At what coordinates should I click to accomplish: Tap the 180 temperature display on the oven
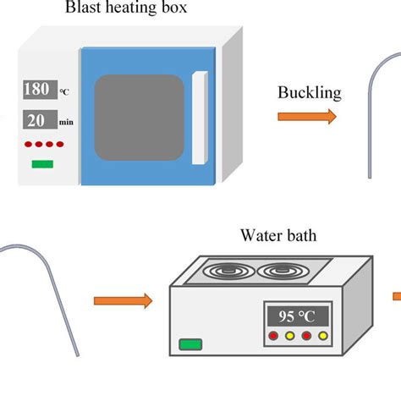39,90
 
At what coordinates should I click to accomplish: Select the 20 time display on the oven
39,118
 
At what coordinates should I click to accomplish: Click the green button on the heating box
41,162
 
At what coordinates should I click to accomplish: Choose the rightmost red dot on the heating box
64,142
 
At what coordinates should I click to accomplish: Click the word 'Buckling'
310,93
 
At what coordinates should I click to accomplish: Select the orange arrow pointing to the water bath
123,299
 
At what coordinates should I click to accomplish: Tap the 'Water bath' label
278,236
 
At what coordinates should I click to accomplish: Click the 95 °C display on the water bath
295,316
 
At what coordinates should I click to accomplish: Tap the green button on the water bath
191,343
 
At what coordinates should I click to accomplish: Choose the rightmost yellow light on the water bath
321,336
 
